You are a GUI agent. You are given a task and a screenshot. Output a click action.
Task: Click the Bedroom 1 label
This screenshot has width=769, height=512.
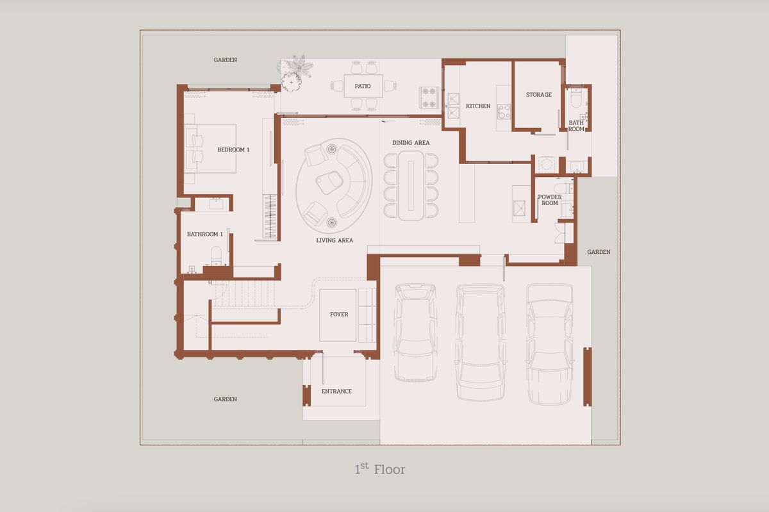[x=233, y=150]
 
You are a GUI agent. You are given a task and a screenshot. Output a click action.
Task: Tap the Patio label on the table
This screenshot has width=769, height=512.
[x=363, y=87]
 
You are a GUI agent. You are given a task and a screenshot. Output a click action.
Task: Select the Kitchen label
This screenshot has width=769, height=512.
[x=478, y=106]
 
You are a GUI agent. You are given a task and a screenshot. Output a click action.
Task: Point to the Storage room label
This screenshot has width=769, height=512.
[x=539, y=94]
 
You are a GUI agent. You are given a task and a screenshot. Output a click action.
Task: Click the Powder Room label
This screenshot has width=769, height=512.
[x=550, y=200]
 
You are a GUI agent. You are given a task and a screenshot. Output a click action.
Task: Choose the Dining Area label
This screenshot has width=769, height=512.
[x=411, y=142]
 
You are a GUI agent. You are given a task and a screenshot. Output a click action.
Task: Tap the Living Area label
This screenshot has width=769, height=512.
[x=335, y=240]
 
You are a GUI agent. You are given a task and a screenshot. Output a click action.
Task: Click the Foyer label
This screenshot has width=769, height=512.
[x=339, y=314]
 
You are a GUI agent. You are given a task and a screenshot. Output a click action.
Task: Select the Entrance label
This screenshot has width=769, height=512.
[x=336, y=391]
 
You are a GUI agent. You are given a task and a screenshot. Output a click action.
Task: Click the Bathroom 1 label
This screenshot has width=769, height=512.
[x=205, y=234]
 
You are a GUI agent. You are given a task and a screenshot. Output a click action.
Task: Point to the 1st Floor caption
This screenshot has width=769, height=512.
[x=379, y=469]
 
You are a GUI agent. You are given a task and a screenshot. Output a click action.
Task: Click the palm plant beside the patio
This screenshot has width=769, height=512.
[x=301, y=65]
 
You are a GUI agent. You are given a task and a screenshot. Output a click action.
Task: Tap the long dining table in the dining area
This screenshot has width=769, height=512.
[x=411, y=185]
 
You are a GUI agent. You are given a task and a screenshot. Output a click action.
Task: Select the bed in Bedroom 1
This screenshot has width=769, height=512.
[x=210, y=149]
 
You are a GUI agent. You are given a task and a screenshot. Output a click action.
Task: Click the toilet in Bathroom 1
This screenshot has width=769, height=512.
[x=217, y=256]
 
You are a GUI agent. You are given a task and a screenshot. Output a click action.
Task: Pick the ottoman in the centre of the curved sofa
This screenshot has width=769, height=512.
[x=329, y=181]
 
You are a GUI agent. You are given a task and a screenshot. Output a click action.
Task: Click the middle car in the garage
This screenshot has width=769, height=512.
[x=480, y=342]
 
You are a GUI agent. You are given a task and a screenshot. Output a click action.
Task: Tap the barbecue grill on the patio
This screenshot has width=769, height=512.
[x=429, y=97]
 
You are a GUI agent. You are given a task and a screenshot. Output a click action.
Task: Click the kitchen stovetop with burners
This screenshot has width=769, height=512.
[x=504, y=111]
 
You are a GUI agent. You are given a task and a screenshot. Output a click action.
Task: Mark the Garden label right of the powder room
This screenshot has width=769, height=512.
[x=599, y=252]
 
